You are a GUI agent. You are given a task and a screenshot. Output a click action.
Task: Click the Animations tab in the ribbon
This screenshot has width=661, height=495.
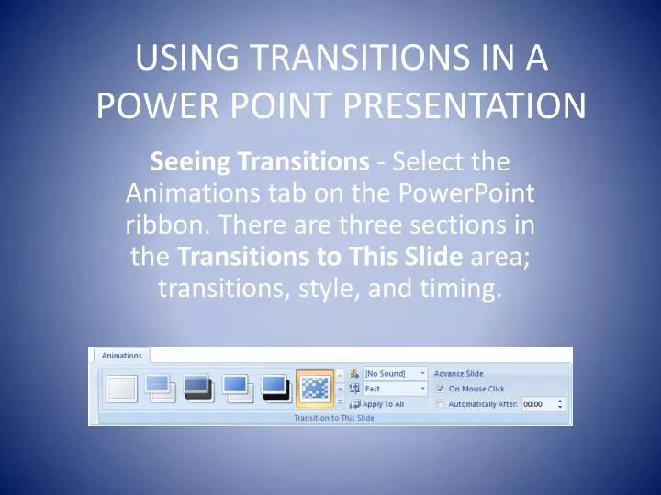tap(121, 356)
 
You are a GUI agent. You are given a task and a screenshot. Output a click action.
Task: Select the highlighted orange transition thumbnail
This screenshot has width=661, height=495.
tap(315, 388)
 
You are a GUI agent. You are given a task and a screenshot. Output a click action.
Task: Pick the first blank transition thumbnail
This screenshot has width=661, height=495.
tap(121, 388)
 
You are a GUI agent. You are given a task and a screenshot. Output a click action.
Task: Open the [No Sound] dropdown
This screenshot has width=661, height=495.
tap(395, 374)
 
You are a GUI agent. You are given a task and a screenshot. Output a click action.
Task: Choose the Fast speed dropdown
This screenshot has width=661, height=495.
tap(395, 389)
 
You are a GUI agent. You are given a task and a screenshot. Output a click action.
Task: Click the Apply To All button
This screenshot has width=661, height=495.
tap(383, 403)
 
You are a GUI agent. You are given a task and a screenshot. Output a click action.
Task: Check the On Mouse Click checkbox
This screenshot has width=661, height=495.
tap(441, 389)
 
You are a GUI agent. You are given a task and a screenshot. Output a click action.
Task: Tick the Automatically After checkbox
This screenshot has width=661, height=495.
tap(441, 404)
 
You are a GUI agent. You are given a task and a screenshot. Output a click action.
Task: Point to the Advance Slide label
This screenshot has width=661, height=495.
tap(458, 374)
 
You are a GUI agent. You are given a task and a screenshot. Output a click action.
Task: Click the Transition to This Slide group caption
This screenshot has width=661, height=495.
tap(333, 418)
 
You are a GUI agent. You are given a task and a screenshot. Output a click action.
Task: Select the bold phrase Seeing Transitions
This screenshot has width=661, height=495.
tap(259, 162)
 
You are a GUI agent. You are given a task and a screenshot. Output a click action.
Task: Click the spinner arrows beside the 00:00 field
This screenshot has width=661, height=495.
tap(560, 404)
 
